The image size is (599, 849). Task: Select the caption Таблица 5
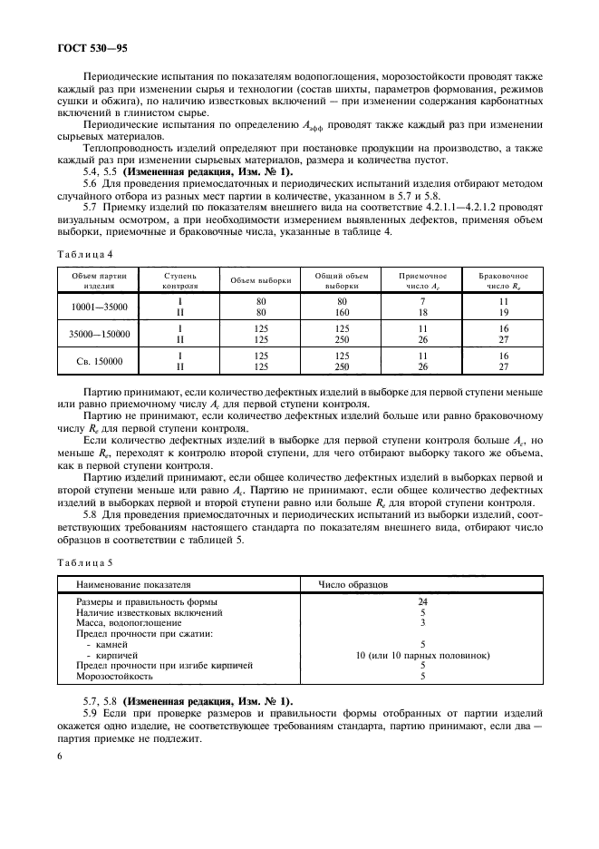84,563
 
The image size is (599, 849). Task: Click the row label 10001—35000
100,307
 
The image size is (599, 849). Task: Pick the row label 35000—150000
100,334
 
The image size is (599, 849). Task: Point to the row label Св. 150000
100,361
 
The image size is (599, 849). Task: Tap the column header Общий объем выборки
342,279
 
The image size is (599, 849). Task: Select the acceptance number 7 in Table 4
421,301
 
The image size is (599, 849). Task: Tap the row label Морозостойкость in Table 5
113,676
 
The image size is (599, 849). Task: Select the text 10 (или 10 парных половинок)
422,655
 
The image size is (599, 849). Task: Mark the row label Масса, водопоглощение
128,623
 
